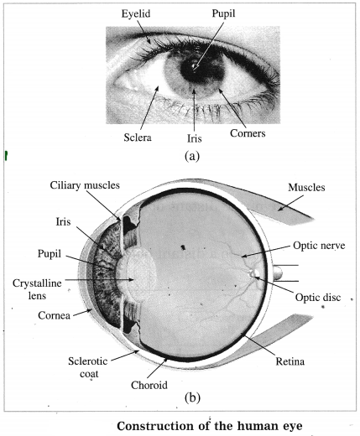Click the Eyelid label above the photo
(x=136, y=14)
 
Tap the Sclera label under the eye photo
(x=138, y=138)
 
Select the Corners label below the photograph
(x=248, y=133)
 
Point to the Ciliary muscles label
(x=85, y=185)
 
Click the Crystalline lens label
(x=37, y=289)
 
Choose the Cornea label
(x=54, y=315)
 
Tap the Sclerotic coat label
(x=88, y=367)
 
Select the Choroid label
(x=149, y=385)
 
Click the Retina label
(x=290, y=361)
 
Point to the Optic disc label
(x=318, y=298)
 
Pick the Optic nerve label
(x=319, y=246)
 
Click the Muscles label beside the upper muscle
(x=306, y=187)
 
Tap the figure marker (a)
(x=192, y=156)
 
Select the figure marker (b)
(x=192, y=397)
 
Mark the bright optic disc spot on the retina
(x=256, y=273)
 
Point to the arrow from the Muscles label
(x=290, y=203)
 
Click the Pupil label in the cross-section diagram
(x=50, y=254)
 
